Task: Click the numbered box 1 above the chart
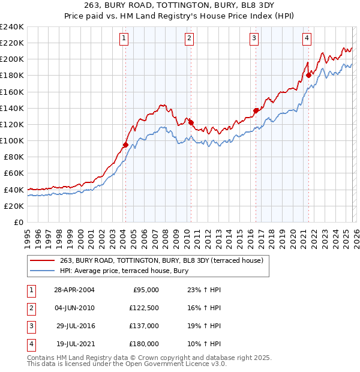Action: coord(124,38)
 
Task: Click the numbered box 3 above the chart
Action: coord(254,38)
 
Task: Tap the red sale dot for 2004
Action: coord(125,145)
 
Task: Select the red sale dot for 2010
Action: coord(191,122)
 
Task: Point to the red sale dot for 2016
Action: coord(256,110)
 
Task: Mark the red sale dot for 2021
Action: coord(309,75)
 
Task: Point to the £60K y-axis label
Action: coord(13,173)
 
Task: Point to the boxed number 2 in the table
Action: coord(29,308)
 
